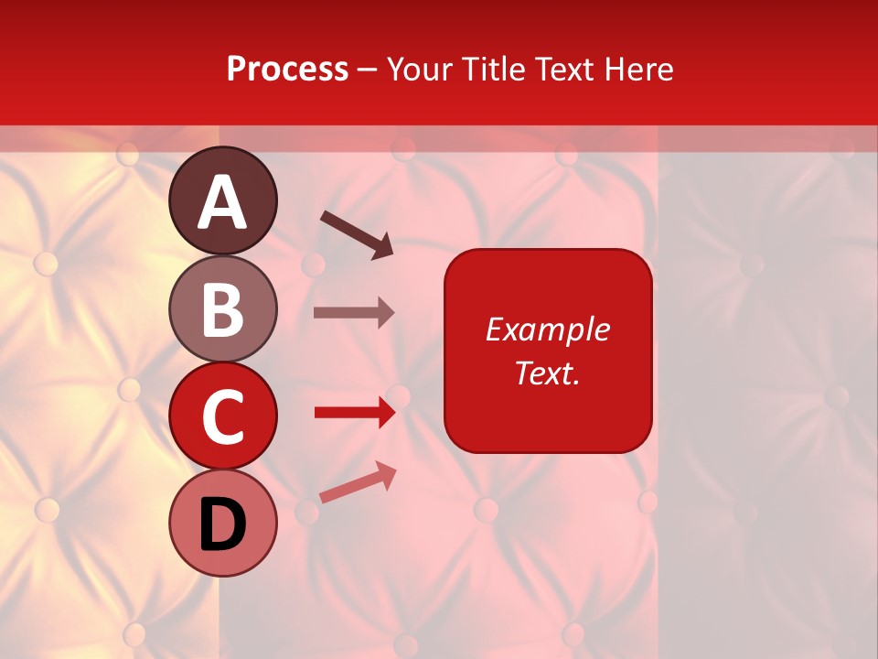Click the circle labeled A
tap(223, 200)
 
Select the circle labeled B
tap(223, 308)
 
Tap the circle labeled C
tap(223, 416)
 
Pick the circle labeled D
tap(223, 523)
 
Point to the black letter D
tap(223, 524)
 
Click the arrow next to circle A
tap(357, 233)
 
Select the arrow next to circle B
tap(354, 313)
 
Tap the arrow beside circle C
tap(354, 413)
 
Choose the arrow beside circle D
tap(358, 482)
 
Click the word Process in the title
tap(287, 70)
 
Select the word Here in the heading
tap(639, 70)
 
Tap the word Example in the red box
tap(547, 329)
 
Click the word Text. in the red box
tap(547, 373)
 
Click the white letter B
tap(223, 309)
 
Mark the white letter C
tap(223, 417)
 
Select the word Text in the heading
tap(565, 70)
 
